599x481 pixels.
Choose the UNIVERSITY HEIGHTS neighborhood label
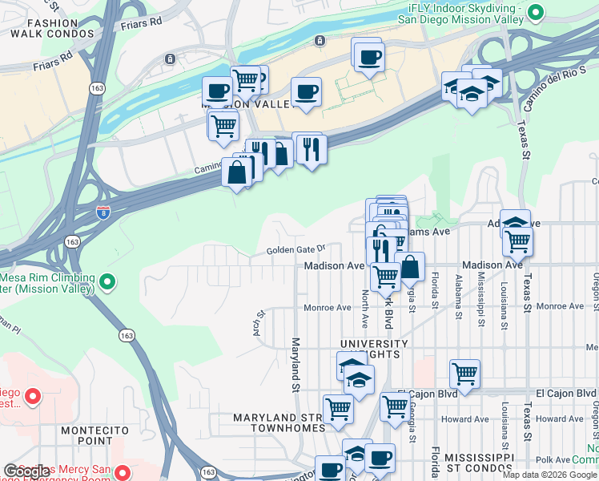click(374, 349)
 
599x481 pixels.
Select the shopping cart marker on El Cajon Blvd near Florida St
click(464, 372)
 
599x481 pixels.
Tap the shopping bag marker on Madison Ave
click(409, 265)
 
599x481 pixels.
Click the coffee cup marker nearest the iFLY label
click(368, 56)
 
